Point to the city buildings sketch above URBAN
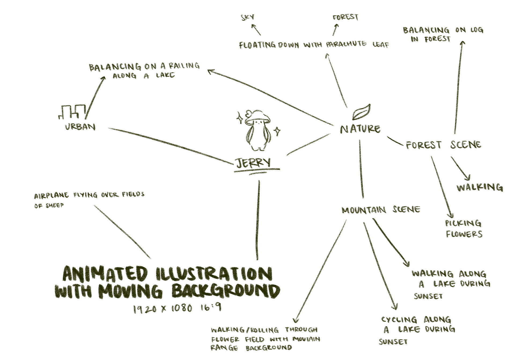tap(72, 111)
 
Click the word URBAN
tap(80, 126)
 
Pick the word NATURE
tap(360, 129)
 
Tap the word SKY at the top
tap(247, 17)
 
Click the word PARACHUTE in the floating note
tap(346, 44)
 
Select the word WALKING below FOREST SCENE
tap(480, 187)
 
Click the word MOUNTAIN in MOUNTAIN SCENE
tap(364, 210)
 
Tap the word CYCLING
tap(399, 319)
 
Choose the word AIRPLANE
tap(51, 196)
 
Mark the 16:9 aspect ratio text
tap(211, 307)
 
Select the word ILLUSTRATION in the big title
tap(214, 274)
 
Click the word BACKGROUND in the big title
tap(226, 291)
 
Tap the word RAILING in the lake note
tap(184, 66)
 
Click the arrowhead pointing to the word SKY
tap(253, 26)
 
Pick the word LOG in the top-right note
tap(477, 30)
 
